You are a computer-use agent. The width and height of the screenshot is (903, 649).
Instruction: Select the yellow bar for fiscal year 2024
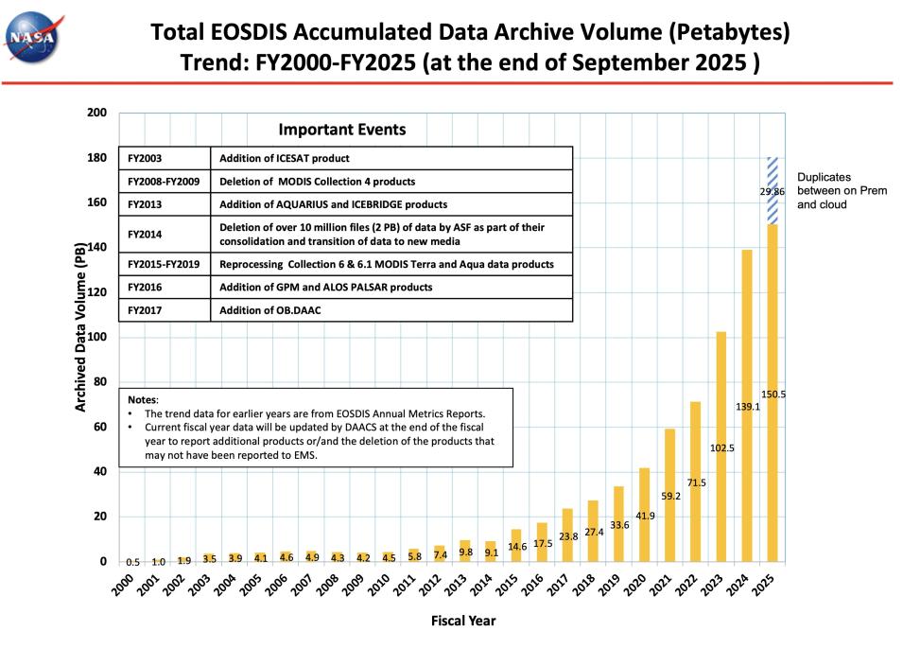point(747,407)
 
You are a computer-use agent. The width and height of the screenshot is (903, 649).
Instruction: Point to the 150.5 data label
point(774,394)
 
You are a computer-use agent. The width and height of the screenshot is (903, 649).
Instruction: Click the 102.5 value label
point(722,447)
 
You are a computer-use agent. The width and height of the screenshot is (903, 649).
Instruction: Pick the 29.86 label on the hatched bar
point(773,191)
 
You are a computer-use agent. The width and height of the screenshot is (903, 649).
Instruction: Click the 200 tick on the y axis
point(96,114)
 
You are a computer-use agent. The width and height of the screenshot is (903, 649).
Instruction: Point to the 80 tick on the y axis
point(99,382)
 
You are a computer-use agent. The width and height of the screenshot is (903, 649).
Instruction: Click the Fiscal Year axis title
point(463,622)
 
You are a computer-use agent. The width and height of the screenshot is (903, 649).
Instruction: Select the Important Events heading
point(341,130)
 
